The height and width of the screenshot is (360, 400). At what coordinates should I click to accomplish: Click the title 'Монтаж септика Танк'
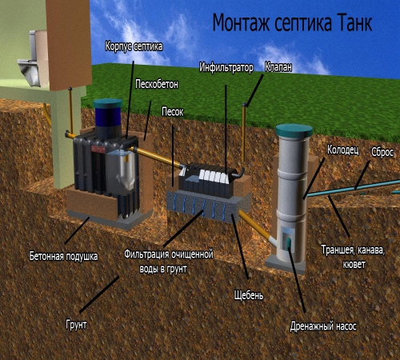292,23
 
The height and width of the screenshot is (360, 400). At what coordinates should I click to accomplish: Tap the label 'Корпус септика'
134,46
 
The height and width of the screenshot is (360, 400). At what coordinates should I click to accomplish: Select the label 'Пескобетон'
157,84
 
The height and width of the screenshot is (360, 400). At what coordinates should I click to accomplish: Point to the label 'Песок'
173,112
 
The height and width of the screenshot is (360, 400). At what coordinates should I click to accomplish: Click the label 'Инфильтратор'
226,67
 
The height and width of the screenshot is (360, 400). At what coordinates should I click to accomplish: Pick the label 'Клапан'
278,67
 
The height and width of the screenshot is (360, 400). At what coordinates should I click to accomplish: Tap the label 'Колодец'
343,150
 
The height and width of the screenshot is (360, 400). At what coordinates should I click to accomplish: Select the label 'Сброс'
382,153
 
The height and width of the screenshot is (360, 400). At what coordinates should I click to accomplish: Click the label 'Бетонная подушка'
63,256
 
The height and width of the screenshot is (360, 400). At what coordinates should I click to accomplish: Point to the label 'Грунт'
76,325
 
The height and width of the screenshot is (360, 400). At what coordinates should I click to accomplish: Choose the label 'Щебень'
249,295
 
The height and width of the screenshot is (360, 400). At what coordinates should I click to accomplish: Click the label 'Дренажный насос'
323,326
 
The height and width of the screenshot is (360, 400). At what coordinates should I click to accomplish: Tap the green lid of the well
294,130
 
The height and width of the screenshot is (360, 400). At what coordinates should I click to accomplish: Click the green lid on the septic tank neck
108,103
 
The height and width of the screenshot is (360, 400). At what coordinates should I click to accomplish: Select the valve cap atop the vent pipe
244,105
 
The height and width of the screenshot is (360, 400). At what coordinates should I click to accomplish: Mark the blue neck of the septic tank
108,117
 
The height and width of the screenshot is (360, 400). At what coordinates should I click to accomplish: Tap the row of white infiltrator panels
214,177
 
